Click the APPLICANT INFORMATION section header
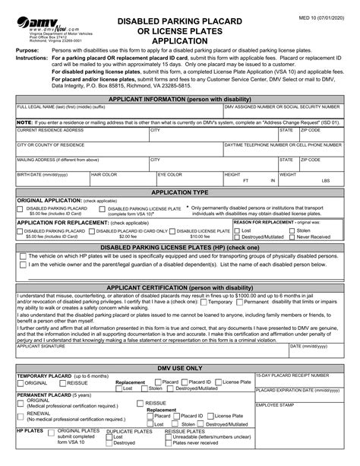180,99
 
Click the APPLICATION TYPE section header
180,193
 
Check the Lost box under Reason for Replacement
236,230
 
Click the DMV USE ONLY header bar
180,367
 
